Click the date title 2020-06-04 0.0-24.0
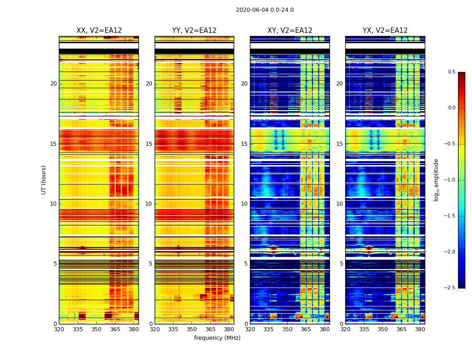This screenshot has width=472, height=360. click(x=265, y=10)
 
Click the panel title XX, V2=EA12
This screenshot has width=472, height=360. click(x=99, y=31)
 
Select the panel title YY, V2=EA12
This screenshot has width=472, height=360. click(x=194, y=31)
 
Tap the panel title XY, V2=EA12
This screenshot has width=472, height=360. click(x=290, y=31)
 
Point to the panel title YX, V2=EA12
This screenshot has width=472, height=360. click(x=385, y=31)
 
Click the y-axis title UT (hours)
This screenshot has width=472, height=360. click(x=44, y=180)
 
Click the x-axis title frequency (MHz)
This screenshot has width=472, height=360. click(x=217, y=338)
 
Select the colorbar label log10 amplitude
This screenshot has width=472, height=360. click(x=436, y=180)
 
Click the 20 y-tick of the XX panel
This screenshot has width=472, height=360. click(x=53, y=84)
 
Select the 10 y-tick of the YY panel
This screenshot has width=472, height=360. click(x=149, y=204)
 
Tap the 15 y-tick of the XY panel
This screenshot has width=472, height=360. click(x=244, y=144)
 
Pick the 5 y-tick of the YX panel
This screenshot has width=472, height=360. click(x=341, y=264)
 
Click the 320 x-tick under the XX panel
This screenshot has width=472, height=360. click(x=59, y=329)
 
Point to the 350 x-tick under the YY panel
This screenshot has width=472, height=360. click(x=192, y=329)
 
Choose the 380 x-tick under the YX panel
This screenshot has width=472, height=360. click(x=420, y=329)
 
